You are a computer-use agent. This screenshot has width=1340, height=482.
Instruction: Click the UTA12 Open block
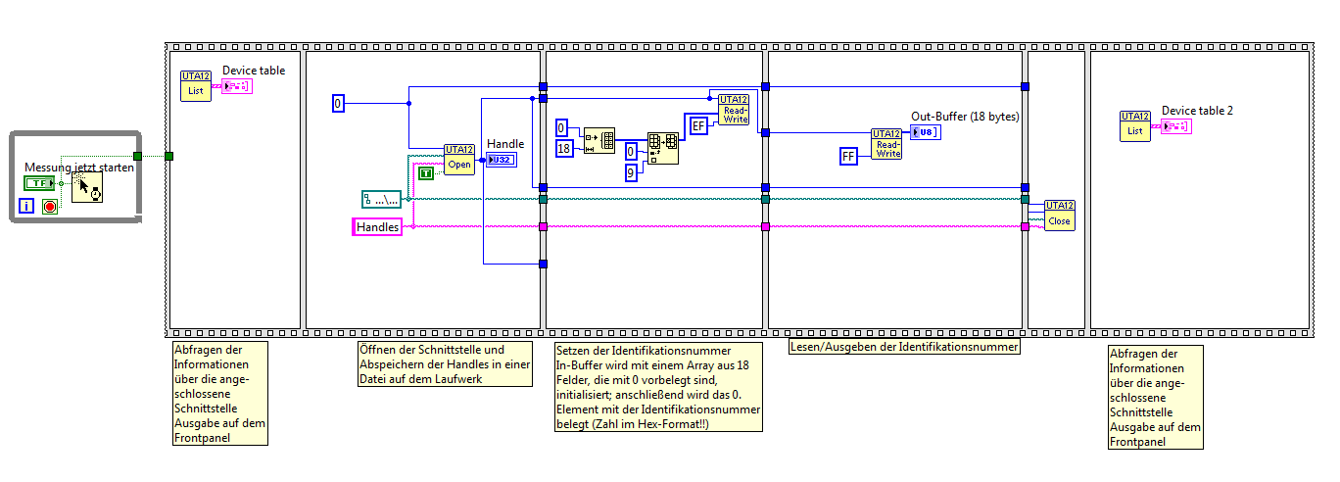458,159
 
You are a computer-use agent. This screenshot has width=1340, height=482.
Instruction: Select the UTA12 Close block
1059,215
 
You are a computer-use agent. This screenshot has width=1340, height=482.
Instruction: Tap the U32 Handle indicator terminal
500,160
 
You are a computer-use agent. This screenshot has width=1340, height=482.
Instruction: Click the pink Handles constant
377,227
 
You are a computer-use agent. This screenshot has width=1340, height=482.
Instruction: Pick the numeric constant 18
563,148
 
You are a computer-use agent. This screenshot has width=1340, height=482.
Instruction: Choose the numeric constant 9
632,172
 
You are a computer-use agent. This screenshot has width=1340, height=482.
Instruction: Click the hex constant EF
698,125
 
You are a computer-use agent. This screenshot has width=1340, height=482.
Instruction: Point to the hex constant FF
849,156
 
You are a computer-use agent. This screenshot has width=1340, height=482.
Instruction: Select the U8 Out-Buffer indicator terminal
926,132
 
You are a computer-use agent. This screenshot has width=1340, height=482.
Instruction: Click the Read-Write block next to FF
886,144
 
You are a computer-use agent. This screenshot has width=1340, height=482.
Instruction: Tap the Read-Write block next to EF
733,110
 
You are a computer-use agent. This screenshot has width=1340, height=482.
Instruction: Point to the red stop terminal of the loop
49,207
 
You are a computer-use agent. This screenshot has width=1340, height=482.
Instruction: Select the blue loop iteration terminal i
25,207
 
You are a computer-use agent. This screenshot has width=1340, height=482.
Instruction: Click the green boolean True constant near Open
426,173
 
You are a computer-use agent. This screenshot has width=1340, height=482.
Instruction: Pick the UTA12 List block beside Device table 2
1135,125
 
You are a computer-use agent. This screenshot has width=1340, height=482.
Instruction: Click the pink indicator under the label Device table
237,86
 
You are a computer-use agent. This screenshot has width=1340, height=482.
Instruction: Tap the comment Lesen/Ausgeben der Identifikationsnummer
904,347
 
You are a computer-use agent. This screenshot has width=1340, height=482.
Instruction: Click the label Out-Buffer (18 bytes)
965,117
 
